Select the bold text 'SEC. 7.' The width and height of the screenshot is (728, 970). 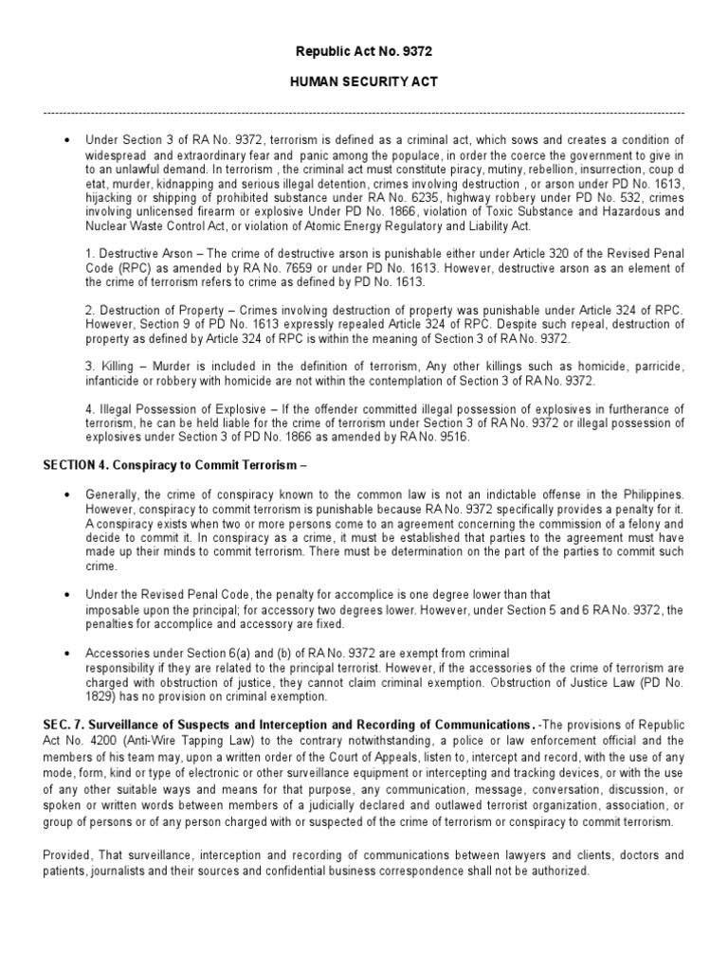pyautogui.click(x=64, y=725)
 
